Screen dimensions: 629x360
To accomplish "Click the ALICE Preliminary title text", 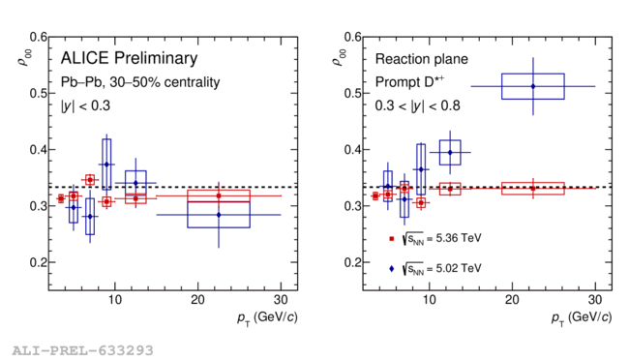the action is [x=129, y=58].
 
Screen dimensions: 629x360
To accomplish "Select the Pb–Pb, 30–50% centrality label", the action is [x=140, y=82].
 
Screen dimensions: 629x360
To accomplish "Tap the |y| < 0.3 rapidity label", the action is [x=85, y=105].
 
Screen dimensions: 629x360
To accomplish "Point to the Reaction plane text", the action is [x=422, y=59].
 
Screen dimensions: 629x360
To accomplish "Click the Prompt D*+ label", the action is [x=409, y=82].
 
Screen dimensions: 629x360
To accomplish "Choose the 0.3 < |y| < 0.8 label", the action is [x=418, y=105].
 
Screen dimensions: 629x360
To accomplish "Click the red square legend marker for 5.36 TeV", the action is [x=392, y=239].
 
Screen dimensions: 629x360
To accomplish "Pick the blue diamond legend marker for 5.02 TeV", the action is [x=392, y=269].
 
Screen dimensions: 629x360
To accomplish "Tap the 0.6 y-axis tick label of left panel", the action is [x=38, y=38].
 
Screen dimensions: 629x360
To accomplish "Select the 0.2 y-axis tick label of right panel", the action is [x=353, y=262].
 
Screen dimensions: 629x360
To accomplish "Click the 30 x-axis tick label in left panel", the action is [x=281, y=300].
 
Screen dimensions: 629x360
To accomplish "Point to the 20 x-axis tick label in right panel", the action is [x=512, y=300].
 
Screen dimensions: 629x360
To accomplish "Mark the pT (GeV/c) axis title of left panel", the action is [x=267, y=317].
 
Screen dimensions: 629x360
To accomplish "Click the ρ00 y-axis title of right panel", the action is [x=339, y=57].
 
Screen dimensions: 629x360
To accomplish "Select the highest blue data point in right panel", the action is [x=533, y=86].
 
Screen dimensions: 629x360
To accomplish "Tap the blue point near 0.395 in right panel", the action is [x=450, y=153].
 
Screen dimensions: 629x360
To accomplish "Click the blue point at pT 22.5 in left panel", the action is [x=219, y=215].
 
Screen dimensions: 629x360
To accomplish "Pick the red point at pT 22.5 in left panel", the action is [x=219, y=195].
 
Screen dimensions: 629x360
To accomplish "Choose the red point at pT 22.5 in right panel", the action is [x=533, y=189].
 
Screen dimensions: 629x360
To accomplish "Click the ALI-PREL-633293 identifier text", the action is [x=82, y=350].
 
